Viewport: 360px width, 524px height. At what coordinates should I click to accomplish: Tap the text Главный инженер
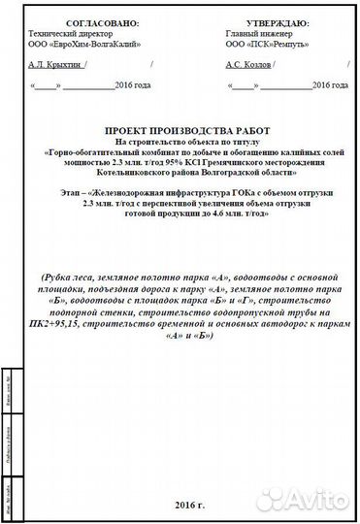[254, 32]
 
